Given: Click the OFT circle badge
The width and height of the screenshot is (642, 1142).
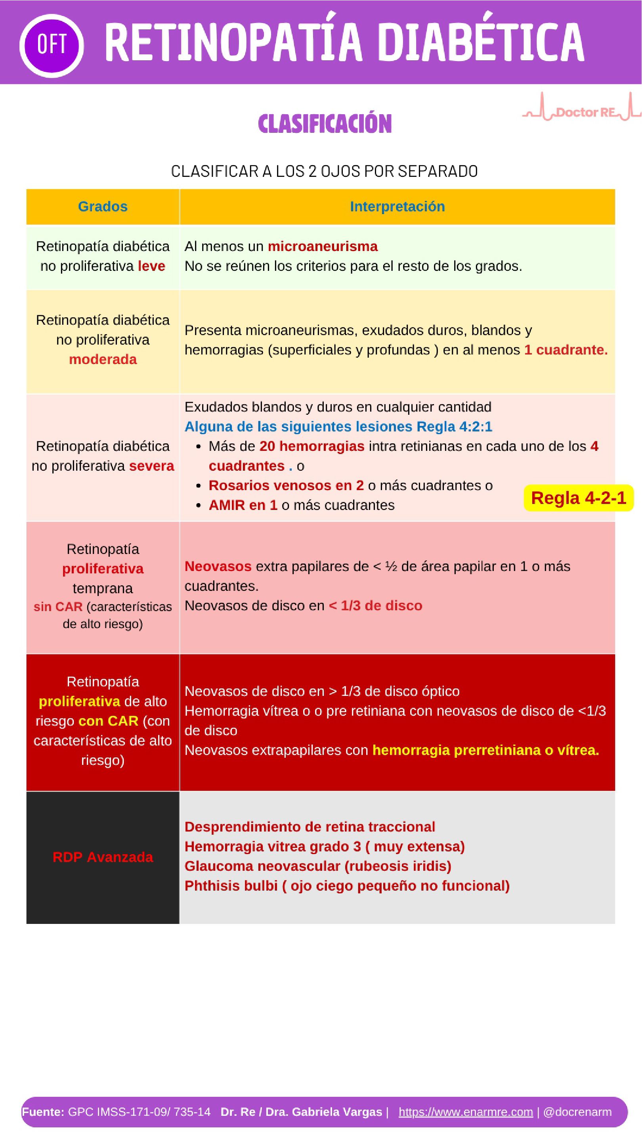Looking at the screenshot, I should (x=52, y=45).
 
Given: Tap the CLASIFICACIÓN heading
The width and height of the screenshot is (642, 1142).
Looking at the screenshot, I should (x=325, y=124).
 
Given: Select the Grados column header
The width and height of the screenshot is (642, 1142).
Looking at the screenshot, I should (x=103, y=207).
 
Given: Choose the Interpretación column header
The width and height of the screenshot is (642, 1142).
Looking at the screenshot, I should (x=397, y=207).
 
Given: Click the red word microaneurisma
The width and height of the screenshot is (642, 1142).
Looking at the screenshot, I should (x=323, y=247).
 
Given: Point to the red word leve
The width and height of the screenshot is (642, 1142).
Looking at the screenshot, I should (x=151, y=266).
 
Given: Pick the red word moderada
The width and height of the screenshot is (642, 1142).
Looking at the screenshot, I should (x=103, y=359).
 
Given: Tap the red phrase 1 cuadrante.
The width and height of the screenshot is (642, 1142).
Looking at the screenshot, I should (x=566, y=350).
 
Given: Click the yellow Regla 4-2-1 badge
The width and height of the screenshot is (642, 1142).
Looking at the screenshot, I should (x=578, y=498).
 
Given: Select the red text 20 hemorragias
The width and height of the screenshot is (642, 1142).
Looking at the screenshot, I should (x=312, y=446).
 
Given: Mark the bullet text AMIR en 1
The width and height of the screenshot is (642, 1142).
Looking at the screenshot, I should (x=243, y=505).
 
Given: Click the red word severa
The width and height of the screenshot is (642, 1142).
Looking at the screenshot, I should (x=151, y=466).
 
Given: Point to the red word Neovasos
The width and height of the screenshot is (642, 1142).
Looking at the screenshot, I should (x=218, y=566).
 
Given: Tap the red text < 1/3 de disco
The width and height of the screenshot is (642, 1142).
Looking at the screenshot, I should (x=375, y=605).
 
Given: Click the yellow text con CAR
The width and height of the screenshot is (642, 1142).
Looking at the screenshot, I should (x=108, y=721).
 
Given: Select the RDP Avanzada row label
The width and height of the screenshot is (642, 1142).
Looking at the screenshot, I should (x=103, y=857).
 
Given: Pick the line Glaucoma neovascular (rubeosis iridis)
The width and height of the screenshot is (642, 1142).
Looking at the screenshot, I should (x=318, y=866).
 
